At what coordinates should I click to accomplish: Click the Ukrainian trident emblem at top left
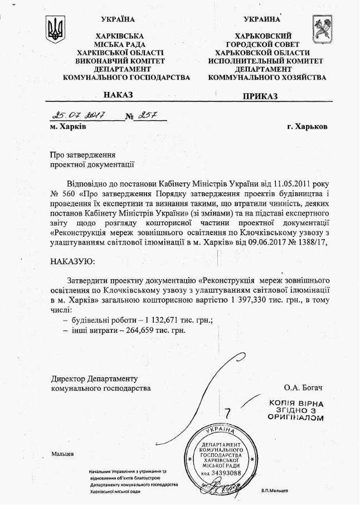(x=55, y=28)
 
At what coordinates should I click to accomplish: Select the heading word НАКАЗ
(x=118, y=95)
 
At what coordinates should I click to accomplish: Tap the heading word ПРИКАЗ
(x=260, y=96)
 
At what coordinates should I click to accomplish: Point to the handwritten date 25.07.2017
(x=77, y=115)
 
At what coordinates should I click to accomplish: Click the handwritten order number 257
(x=148, y=115)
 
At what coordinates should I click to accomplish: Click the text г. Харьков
(x=308, y=127)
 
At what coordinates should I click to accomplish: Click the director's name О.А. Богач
(x=303, y=387)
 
